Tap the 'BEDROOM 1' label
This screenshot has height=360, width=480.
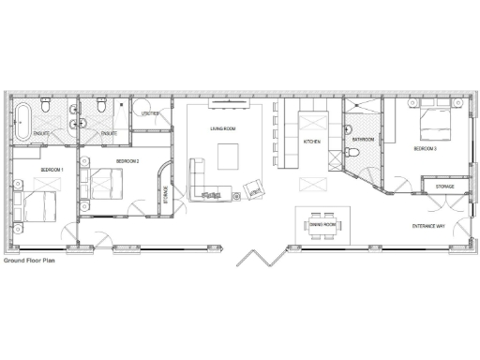click(52, 169)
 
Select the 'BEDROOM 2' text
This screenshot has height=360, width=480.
click(127, 161)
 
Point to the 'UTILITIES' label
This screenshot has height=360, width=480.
click(150, 113)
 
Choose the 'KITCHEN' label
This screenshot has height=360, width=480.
click(311, 141)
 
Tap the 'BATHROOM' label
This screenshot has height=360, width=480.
click(363, 140)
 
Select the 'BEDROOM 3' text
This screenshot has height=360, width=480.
click(425, 149)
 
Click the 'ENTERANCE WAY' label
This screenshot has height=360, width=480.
click(429, 226)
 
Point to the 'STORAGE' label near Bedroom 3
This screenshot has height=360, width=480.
click(445, 187)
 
